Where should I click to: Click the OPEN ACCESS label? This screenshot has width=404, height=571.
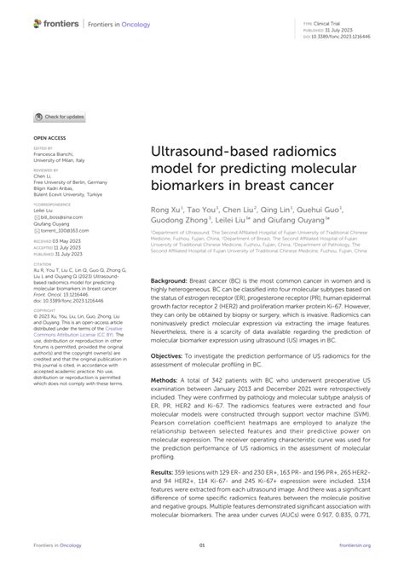pos(50,136)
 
